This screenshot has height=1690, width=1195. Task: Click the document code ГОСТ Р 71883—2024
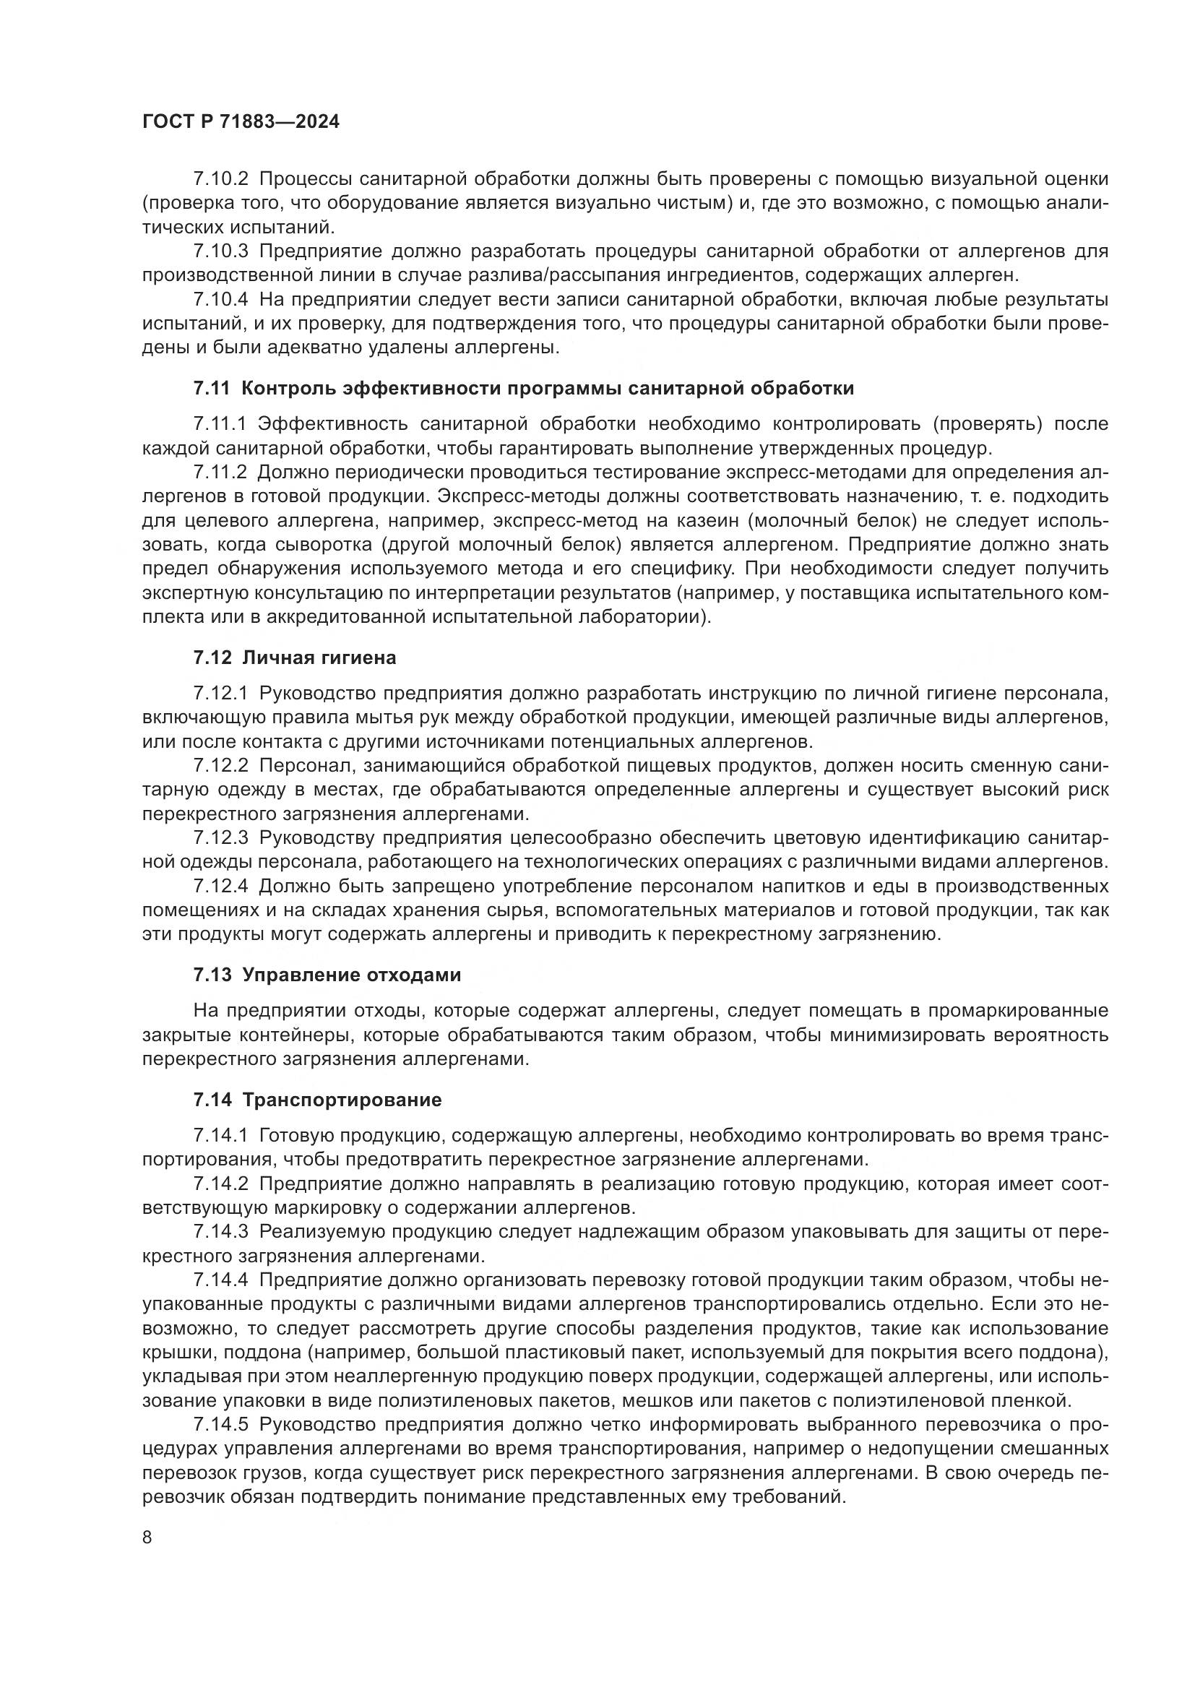point(241,122)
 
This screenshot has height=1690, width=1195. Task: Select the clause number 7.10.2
point(221,179)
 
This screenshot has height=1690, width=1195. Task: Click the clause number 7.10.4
point(221,300)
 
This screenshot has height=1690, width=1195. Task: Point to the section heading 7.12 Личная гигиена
point(294,658)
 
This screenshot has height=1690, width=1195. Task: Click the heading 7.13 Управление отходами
point(327,975)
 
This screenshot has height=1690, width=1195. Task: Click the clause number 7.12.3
point(221,837)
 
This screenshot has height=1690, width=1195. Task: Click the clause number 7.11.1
point(221,424)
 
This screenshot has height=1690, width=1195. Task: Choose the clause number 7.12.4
point(221,887)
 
